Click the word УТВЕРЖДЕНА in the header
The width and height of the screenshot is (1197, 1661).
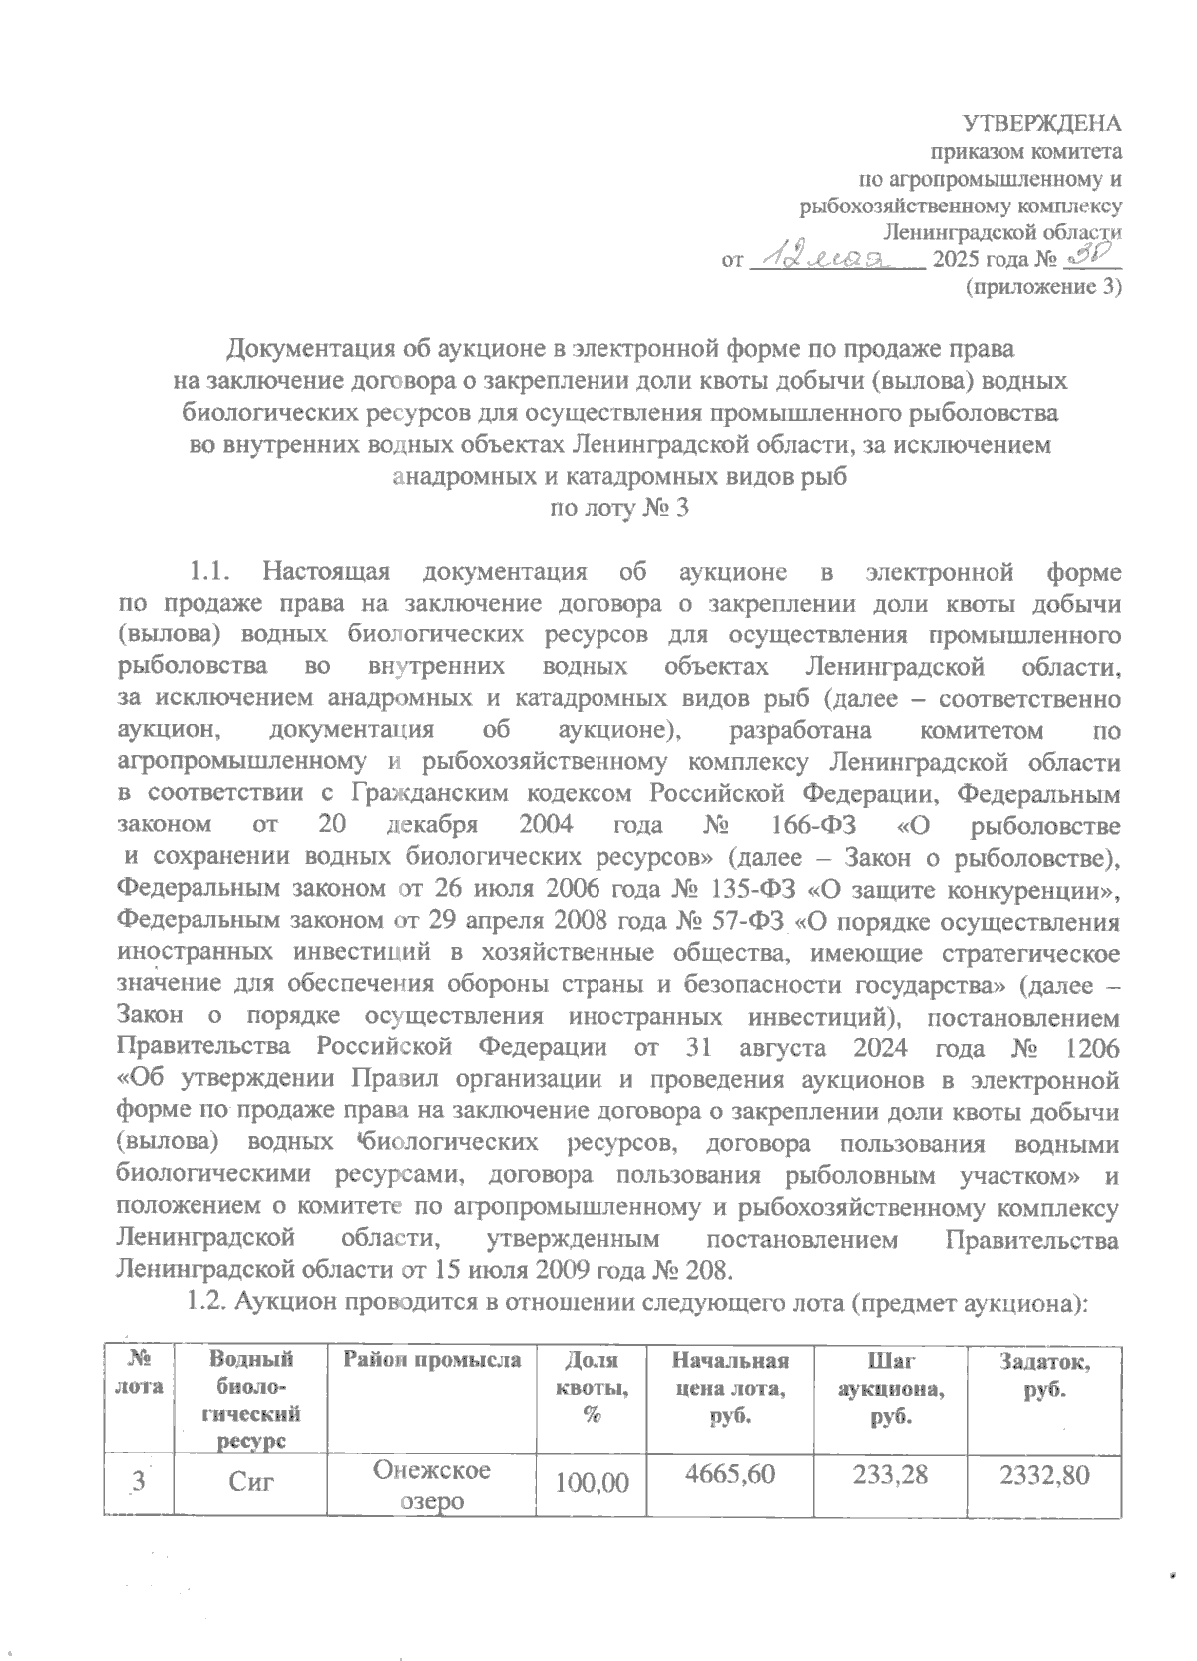pyautogui.click(x=1041, y=124)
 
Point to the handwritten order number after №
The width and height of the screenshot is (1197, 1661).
pyautogui.click(x=1092, y=258)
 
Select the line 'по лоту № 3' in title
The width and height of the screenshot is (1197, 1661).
pyautogui.click(x=619, y=508)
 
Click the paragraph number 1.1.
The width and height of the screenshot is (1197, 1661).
pyautogui.click(x=210, y=573)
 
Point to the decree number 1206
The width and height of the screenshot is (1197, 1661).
pyautogui.click(x=1091, y=1049)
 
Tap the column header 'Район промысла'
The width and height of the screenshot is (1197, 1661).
pyautogui.click(x=433, y=1360)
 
